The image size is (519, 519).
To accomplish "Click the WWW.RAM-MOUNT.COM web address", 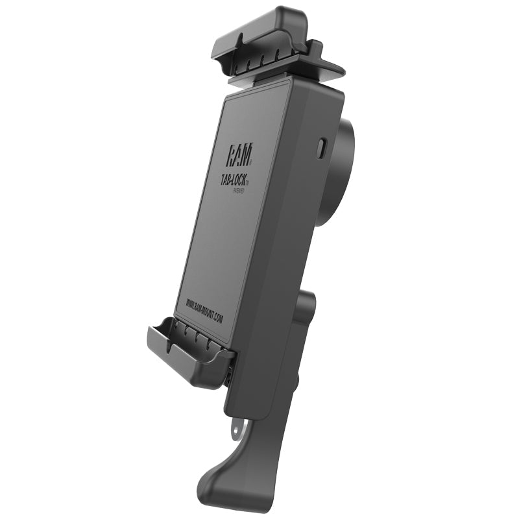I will (204, 310).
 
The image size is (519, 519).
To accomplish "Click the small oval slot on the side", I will (321, 148).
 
